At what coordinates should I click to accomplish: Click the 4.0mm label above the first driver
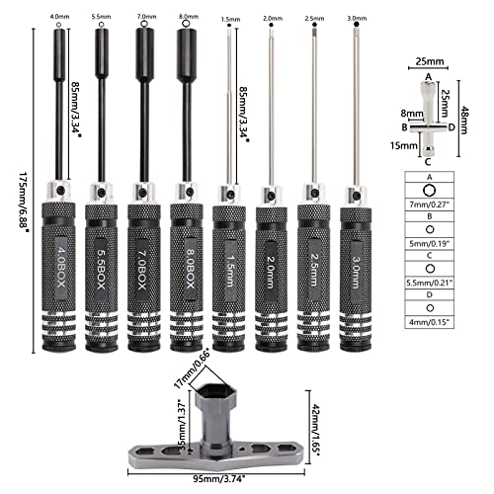pyautogui.click(x=58, y=17)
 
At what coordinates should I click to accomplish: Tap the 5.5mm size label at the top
pyautogui.click(x=100, y=17)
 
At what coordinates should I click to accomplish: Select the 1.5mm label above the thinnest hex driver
pyautogui.click(x=228, y=17)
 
